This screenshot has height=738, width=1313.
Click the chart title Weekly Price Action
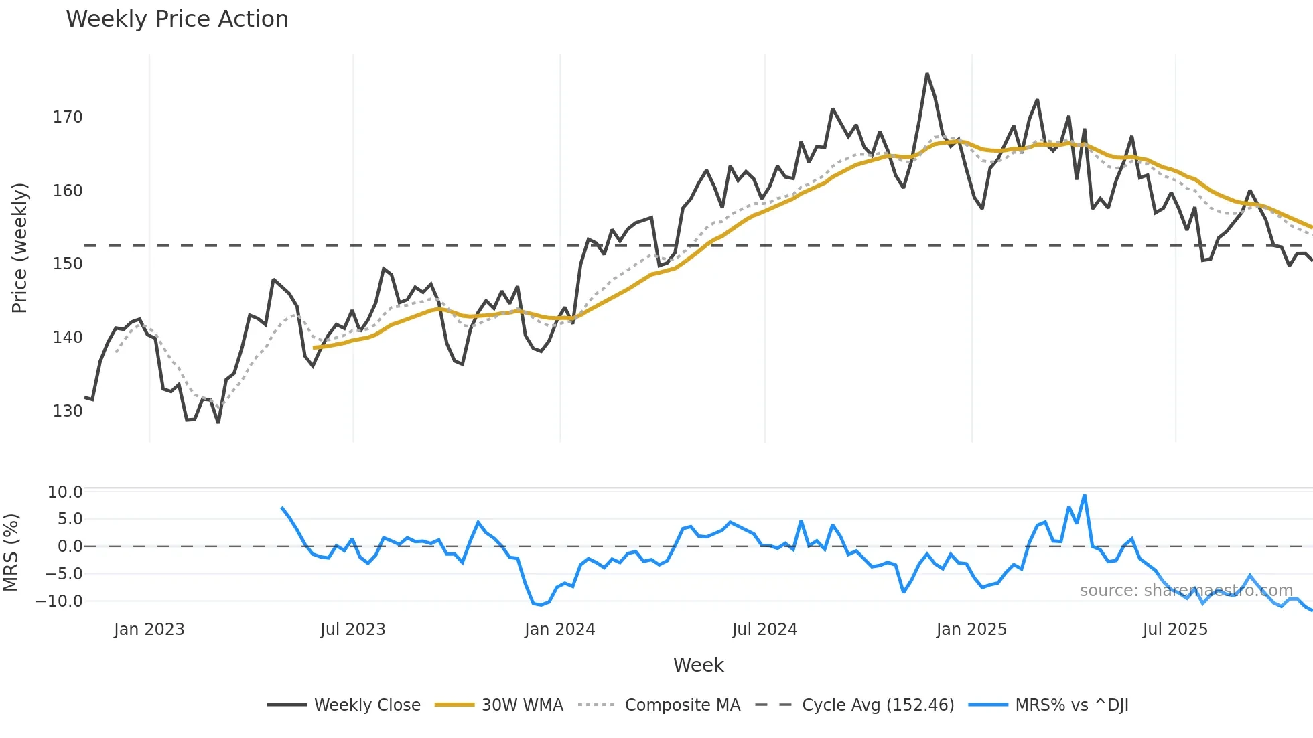click(177, 19)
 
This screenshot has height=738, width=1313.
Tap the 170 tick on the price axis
click(68, 117)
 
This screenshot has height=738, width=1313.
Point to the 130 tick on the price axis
click(68, 411)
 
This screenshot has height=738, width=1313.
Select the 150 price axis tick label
click(68, 264)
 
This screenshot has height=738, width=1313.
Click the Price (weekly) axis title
click(20, 248)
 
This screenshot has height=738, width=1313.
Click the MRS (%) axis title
click(11, 552)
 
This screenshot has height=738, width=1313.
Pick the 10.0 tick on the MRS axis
click(65, 492)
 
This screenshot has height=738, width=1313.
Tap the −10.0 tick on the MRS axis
click(59, 601)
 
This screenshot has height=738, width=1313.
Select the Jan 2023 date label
click(149, 630)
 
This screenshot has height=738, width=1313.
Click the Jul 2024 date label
click(764, 630)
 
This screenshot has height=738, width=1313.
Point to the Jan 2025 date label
click(971, 630)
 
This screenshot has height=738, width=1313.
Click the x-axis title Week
click(698, 665)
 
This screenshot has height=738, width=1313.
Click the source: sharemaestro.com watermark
click(1186, 591)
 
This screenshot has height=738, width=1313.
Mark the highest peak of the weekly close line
click(927, 74)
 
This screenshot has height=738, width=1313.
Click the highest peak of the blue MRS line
click(1085, 496)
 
